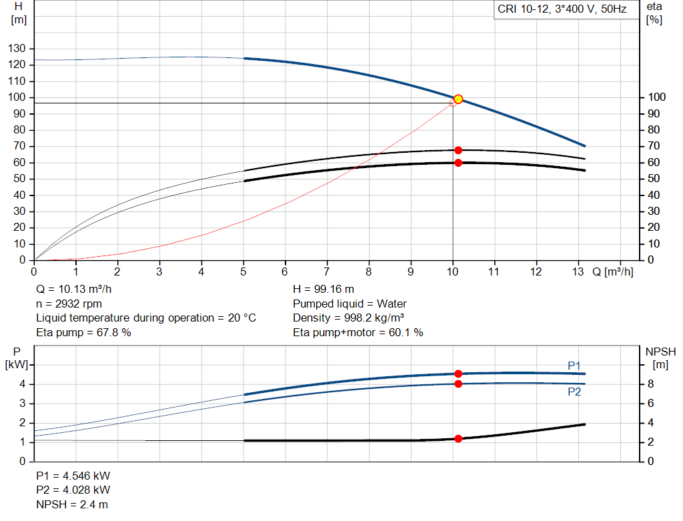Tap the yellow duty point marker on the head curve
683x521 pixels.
tap(458, 99)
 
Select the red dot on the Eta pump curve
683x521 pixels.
tap(458, 150)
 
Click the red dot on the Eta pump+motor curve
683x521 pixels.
tap(458, 163)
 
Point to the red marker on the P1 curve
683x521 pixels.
tap(458, 374)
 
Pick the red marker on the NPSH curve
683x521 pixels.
tap(458, 439)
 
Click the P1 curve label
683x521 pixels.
tap(574, 365)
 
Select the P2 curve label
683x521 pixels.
tap(574, 392)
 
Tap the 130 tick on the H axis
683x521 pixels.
tap(19, 49)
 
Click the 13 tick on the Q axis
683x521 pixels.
tap(578, 272)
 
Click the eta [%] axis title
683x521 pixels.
tap(654, 13)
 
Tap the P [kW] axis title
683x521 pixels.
tap(18, 358)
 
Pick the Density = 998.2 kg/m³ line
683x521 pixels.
tap(349, 318)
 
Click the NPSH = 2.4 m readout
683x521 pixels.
tap(72, 504)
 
